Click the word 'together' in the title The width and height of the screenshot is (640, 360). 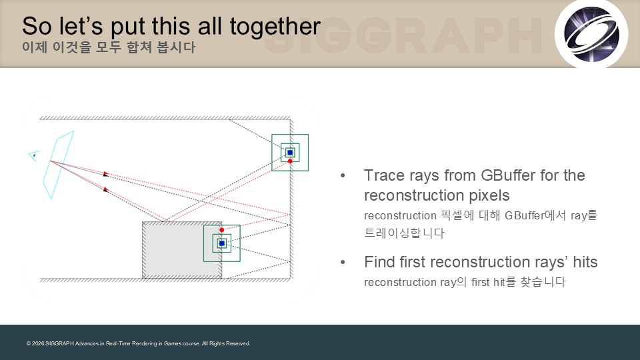click(x=275, y=27)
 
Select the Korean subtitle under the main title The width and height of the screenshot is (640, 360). click(x=109, y=47)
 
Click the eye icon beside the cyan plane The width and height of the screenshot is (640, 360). click(x=34, y=156)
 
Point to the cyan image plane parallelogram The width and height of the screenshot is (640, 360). click(x=59, y=165)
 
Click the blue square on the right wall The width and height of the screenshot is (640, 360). click(x=290, y=153)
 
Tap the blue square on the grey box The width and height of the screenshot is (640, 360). click(x=222, y=243)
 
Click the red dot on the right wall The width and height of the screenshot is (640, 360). click(x=290, y=161)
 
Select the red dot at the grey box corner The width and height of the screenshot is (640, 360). click(x=221, y=230)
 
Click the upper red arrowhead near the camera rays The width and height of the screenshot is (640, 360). click(x=106, y=173)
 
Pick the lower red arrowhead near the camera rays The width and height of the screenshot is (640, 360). click(x=106, y=189)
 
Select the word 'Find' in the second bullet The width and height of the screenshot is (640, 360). click(x=379, y=262)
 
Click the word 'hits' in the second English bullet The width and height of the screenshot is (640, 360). click(x=585, y=262)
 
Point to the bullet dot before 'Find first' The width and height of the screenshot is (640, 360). click(x=343, y=263)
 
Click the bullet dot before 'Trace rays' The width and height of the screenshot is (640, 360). click(x=343, y=176)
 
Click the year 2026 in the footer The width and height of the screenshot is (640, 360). click(x=38, y=344)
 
